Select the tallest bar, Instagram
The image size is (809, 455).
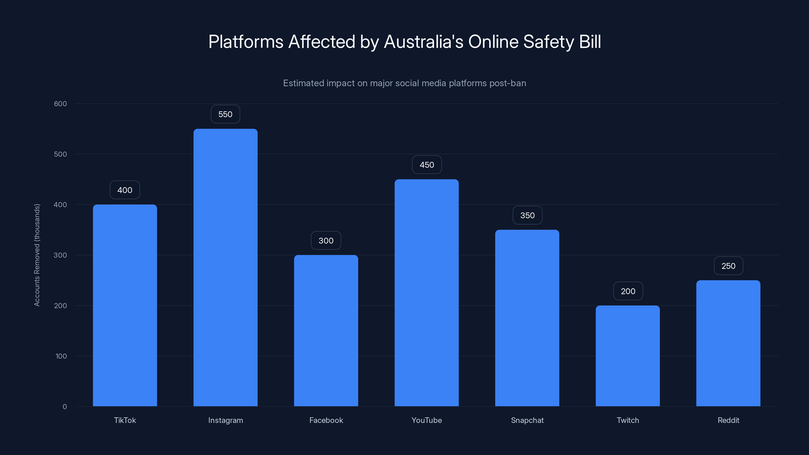(226, 267)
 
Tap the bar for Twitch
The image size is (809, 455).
(627, 356)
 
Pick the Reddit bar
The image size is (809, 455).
(728, 343)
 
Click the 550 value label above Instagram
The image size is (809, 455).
(226, 114)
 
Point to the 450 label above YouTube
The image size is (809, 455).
(427, 165)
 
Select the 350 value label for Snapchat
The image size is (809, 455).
(527, 215)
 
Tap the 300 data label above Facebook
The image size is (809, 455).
(326, 241)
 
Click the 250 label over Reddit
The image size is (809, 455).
(728, 266)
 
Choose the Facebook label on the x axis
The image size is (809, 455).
(326, 420)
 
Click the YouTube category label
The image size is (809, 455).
(426, 420)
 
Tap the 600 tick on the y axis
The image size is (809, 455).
(60, 104)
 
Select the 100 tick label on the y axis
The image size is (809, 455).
(61, 356)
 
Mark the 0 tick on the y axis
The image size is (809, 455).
(65, 407)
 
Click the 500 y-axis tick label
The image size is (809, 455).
(60, 154)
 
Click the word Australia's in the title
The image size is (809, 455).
(424, 42)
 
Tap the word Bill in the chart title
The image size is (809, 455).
(590, 42)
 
